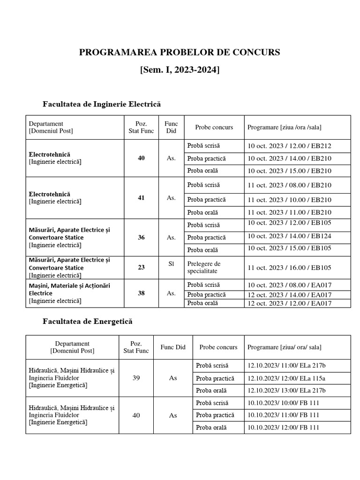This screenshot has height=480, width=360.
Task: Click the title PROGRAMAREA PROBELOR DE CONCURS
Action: pos(180,52)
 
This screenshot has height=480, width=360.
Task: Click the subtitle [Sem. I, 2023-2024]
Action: pos(180,70)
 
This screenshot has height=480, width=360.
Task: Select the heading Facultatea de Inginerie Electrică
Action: pos(102,104)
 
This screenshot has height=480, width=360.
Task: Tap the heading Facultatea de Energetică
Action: pos(88,322)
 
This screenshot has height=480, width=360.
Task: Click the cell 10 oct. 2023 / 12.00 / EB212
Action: pos(292,146)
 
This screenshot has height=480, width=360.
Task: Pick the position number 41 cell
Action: pos(141,198)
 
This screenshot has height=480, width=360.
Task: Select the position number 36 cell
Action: pos(141,238)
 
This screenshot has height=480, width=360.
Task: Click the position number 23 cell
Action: pos(141,267)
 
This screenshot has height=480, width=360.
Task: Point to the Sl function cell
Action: pos(171,264)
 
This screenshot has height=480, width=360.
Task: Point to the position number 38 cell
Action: pos(141,293)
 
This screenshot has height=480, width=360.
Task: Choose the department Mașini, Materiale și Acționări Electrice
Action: pos(69,289)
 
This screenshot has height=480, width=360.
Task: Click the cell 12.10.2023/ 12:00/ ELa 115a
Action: pos(286,378)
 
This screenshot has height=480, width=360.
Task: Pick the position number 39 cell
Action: pos(136,378)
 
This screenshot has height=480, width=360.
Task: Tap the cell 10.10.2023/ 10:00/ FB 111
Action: pos(284,403)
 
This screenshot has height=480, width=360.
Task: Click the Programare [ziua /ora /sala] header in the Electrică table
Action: pos(285,127)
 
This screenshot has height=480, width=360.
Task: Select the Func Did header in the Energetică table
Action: pos(173,347)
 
